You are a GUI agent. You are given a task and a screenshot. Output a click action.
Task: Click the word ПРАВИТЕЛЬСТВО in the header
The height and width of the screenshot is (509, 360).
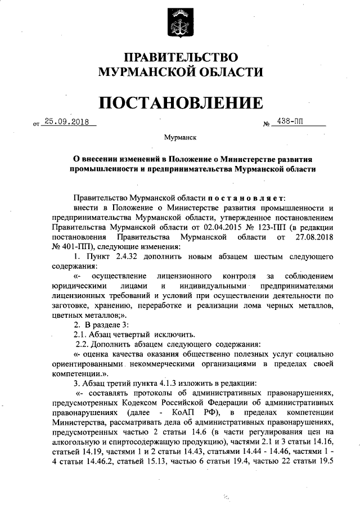(x=181, y=58)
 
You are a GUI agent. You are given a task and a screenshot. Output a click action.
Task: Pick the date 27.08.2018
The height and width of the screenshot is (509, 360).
(x=308, y=238)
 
